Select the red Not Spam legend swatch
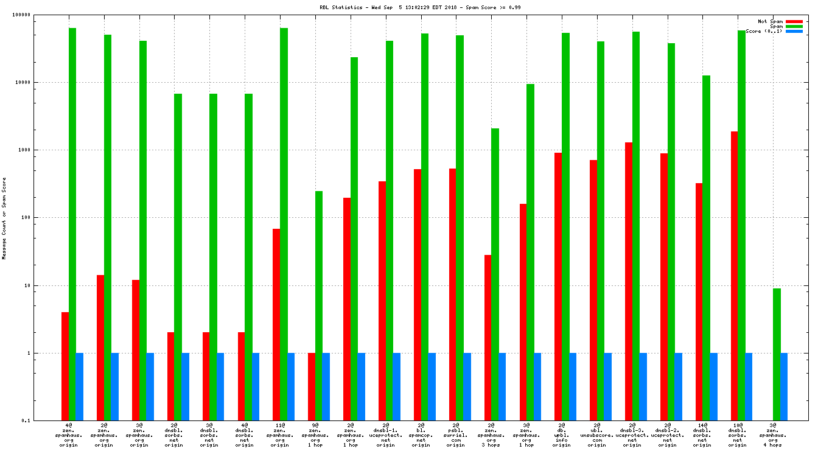pos(794,21)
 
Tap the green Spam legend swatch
pos(794,26)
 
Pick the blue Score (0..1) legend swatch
pos(794,31)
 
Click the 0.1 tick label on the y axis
pos(43,420)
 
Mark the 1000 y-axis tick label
pos(41,150)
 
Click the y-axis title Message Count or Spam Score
pos(4,218)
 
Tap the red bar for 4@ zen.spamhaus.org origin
pos(65,366)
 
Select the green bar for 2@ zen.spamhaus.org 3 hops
pos(495,274)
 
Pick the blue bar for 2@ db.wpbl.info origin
pos(573,386)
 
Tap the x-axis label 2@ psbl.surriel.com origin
pos(456,435)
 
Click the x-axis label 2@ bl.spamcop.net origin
pos(421,435)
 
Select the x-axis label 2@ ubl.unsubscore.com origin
pos(596,435)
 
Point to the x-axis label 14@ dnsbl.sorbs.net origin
pos(702,435)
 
